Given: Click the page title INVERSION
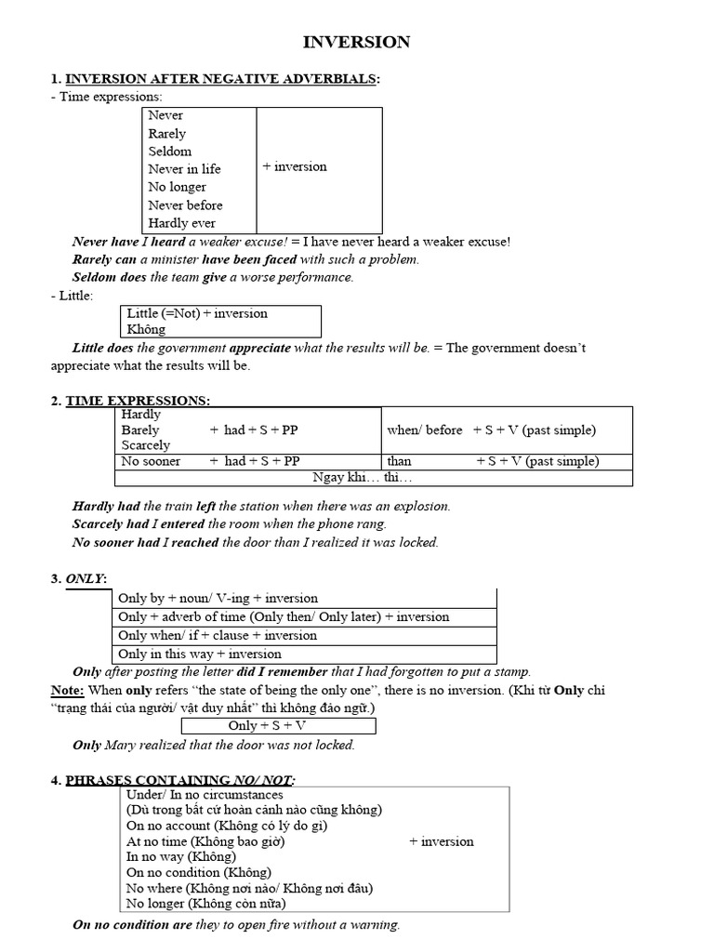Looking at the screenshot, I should click(x=357, y=43).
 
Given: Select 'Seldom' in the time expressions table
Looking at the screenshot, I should click(x=169, y=151).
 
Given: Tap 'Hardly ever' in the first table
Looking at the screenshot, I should click(x=181, y=223).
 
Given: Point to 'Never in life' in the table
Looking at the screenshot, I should click(x=184, y=169).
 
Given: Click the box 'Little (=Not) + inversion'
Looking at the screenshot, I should click(x=197, y=313).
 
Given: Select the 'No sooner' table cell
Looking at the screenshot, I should click(x=151, y=461).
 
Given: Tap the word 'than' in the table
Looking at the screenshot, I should click(x=399, y=461).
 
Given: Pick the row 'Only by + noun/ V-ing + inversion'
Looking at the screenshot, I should click(x=218, y=599).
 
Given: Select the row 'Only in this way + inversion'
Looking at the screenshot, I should click(x=200, y=654).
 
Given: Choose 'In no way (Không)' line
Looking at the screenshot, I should click(x=181, y=856).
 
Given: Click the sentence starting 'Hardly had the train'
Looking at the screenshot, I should click(x=261, y=507).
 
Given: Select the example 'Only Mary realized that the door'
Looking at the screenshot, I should click(x=214, y=745).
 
